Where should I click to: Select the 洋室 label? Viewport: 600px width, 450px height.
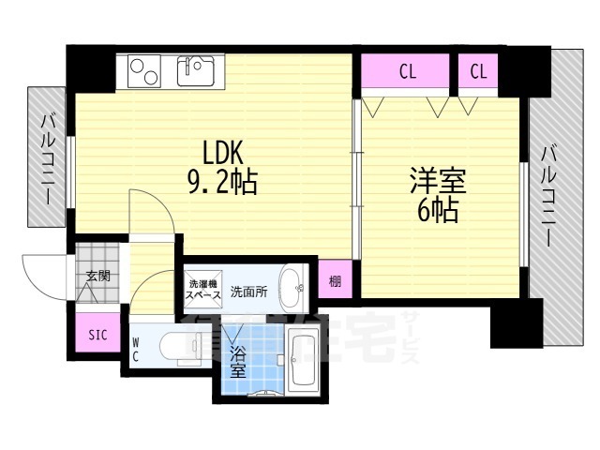click(x=437, y=179)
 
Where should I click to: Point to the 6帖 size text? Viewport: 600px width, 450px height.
click(x=437, y=210)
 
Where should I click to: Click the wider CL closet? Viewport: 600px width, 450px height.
click(x=406, y=71)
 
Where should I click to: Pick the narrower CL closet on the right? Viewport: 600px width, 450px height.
click(x=477, y=71)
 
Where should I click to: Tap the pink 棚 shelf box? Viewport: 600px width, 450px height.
click(x=335, y=279)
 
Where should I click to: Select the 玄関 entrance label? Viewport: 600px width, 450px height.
click(x=97, y=276)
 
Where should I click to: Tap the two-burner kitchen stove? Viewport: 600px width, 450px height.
click(x=145, y=71)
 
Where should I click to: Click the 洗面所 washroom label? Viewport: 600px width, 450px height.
click(x=249, y=292)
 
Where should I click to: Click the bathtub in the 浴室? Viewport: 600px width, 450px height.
click(x=302, y=361)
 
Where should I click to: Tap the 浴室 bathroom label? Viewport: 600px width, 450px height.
click(x=238, y=362)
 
